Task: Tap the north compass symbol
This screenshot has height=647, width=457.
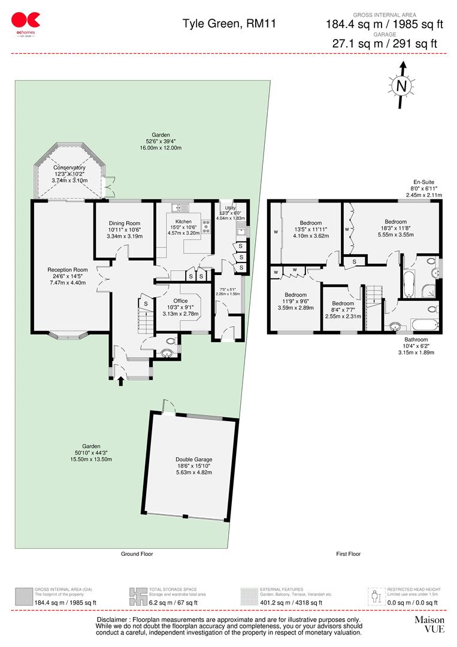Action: [402, 86]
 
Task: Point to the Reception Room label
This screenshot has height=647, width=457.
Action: [68, 276]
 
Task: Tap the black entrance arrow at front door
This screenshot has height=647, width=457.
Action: [121, 380]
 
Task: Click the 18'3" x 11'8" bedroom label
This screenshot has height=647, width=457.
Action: [395, 228]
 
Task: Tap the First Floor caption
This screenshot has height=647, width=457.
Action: [348, 554]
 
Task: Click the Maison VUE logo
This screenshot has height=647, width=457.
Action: [429, 624]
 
